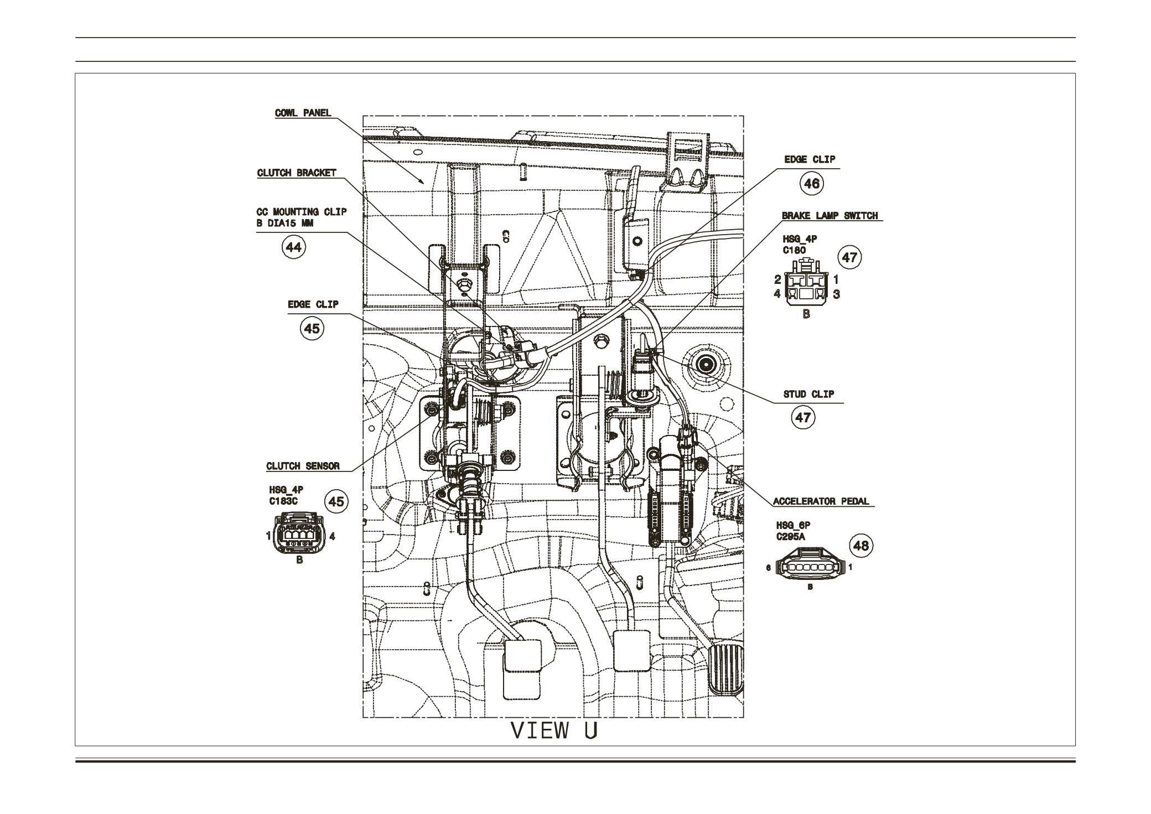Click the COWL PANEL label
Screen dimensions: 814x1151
click(x=303, y=113)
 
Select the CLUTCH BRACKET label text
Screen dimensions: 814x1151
click(x=297, y=173)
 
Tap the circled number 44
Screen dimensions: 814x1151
click(x=293, y=247)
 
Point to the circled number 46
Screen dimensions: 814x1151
click(x=811, y=183)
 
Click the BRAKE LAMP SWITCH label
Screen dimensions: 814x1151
click(x=829, y=215)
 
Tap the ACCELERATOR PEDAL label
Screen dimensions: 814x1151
click(x=821, y=502)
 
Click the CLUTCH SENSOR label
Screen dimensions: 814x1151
click(x=303, y=466)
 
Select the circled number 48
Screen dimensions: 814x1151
click(x=860, y=546)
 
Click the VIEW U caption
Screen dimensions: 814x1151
click(x=554, y=730)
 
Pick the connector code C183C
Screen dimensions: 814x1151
click(x=283, y=501)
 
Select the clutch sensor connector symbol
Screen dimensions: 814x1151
click(x=299, y=535)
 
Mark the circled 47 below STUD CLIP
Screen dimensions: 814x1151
click(x=802, y=417)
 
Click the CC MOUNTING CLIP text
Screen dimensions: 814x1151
click(x=302, y=212)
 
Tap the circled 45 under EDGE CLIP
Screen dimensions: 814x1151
click(x=312, y=328)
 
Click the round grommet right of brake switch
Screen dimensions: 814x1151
click(x=707, y=364)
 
